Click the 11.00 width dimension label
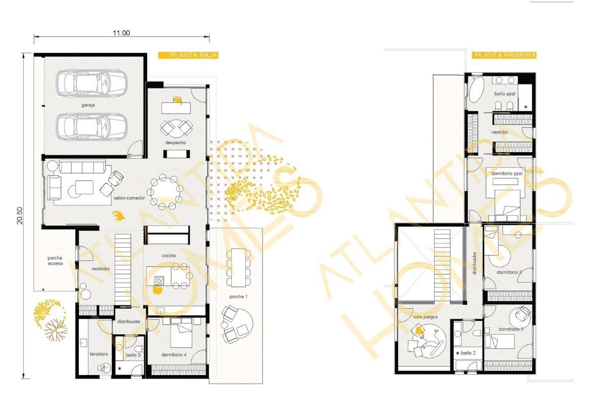(121, 33)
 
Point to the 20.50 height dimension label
(20, 215)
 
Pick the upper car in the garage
(91, 83)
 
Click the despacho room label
(175, 143)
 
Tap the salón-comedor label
(130, 198)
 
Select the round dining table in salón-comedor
(168, 192)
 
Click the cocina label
(169, 256)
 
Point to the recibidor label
(101, 268)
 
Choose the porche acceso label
(55, 260)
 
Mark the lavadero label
(99, 354)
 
